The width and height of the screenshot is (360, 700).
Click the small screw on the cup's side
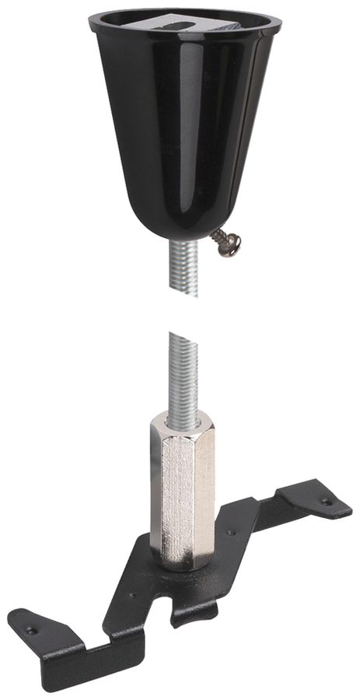227,243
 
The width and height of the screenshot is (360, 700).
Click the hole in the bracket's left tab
30,630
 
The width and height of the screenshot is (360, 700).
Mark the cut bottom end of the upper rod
184,296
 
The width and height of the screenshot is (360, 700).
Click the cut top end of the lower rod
183,334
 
